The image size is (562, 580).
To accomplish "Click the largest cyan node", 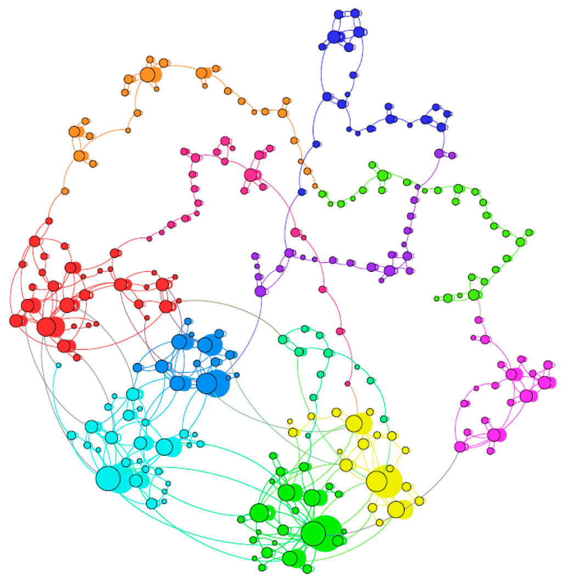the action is click(109, 477).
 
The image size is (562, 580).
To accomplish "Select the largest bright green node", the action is click(313, 532).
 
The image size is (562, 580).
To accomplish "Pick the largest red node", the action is click(47, 327).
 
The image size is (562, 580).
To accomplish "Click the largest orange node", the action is click(147, 75).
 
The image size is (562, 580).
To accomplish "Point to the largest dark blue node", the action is click(334, 37).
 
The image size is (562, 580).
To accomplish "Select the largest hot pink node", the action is click(251, 175).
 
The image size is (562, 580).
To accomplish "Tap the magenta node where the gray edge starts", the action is click(460, 447).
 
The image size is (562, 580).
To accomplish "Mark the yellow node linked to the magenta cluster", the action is click(420, 501).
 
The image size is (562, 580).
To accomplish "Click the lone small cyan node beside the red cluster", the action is click(58, 365).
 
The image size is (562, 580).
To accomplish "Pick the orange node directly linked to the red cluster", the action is click(65, 191).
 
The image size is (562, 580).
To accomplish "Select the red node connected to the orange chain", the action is click(49, 221).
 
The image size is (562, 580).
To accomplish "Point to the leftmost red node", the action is click(15, 321).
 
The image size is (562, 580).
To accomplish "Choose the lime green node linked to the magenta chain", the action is click(474, 295).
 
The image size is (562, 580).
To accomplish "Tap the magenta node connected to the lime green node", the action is click(478, 320).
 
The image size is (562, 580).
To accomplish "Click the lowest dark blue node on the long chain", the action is click(301, 192).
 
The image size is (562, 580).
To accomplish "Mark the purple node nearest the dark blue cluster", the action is click(439, 153).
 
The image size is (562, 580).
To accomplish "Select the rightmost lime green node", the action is click(529, 232).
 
